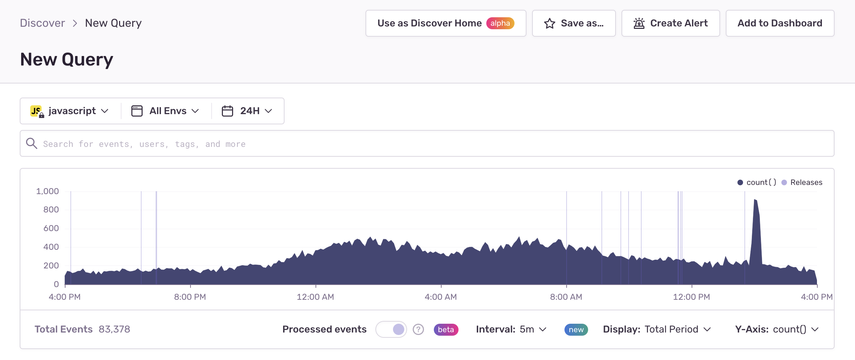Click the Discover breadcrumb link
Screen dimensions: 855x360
tap(42, 23)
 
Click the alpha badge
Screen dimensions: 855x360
tap(500, 23)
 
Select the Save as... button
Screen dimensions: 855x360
tap(574, 23)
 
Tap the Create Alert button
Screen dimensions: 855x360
tap(670, 23)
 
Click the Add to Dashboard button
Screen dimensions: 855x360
tap(780, 23)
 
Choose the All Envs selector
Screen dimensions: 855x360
tap(165, 111)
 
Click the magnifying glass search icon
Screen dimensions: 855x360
tap(32, 143)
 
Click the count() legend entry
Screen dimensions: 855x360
tap(757, 182)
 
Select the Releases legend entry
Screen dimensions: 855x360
tap(802, 182)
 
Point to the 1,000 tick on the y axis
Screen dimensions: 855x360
tap(48, 191)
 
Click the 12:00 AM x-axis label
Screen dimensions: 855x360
tap(316, 297)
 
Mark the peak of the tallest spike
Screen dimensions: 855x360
tap(755, 200)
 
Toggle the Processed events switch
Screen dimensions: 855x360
tap(391, 329)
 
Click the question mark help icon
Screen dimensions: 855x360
tap(418, 329)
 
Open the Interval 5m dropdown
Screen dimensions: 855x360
tap(511, 329)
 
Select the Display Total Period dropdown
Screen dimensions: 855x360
tap(657, 329)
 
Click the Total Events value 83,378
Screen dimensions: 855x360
tap(114, 329)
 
